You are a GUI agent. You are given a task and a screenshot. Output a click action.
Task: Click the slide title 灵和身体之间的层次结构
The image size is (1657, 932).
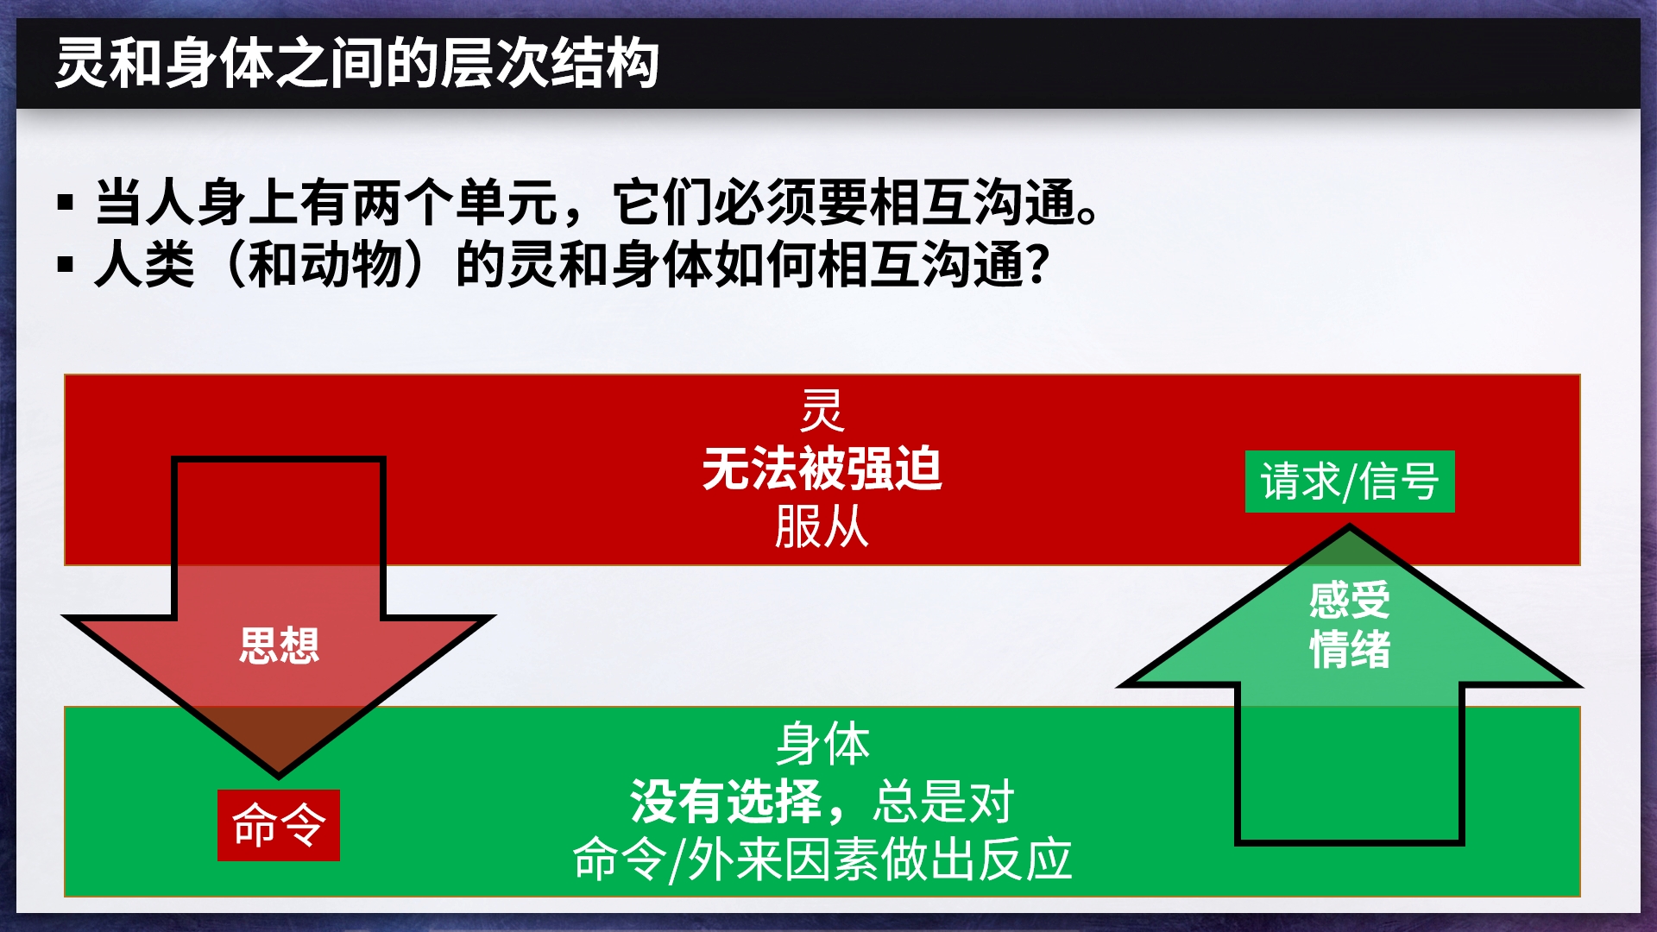[357, 63]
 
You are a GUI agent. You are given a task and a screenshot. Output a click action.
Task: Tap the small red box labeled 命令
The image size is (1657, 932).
[278, 825]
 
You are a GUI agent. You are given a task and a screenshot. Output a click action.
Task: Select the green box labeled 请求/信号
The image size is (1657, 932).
[1350, 482]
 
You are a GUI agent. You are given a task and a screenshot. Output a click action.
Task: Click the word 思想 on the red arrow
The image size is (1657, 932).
[279, 645]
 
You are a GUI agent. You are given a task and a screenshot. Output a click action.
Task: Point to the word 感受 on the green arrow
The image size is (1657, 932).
[1350, 600]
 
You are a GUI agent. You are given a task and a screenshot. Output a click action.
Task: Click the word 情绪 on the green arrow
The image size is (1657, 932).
[1350, 649]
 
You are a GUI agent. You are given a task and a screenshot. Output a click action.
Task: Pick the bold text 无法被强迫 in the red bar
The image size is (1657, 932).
[822, 469]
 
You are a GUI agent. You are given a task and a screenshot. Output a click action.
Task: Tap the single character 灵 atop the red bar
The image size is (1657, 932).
[822, 411]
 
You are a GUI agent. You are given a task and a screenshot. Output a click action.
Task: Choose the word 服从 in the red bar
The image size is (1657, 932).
[822, 526]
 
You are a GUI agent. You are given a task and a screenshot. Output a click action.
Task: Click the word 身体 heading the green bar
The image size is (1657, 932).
[822, 744]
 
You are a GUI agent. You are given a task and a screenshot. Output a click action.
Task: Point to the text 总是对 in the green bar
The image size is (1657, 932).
[943, 802]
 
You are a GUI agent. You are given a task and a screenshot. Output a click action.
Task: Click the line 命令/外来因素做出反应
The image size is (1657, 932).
[822, 860]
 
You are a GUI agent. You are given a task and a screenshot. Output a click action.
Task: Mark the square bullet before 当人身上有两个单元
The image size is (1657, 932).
[66, 204]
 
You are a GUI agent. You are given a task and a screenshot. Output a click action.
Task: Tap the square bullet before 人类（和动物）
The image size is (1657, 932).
[66, 264]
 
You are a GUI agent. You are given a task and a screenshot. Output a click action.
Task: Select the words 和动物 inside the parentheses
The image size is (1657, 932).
[324, 264]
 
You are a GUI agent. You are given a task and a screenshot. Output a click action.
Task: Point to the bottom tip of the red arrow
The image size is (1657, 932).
[279, 776]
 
